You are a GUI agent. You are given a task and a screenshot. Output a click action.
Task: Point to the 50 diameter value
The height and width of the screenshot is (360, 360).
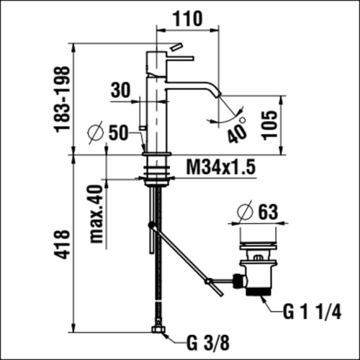click(118, 132)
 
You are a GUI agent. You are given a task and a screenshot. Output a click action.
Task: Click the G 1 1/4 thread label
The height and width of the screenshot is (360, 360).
click(311, 312)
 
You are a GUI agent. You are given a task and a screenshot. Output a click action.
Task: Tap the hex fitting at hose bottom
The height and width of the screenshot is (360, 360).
click(158, 331)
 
